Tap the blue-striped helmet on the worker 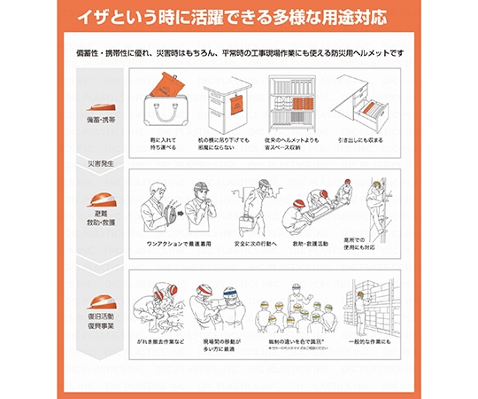231,293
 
